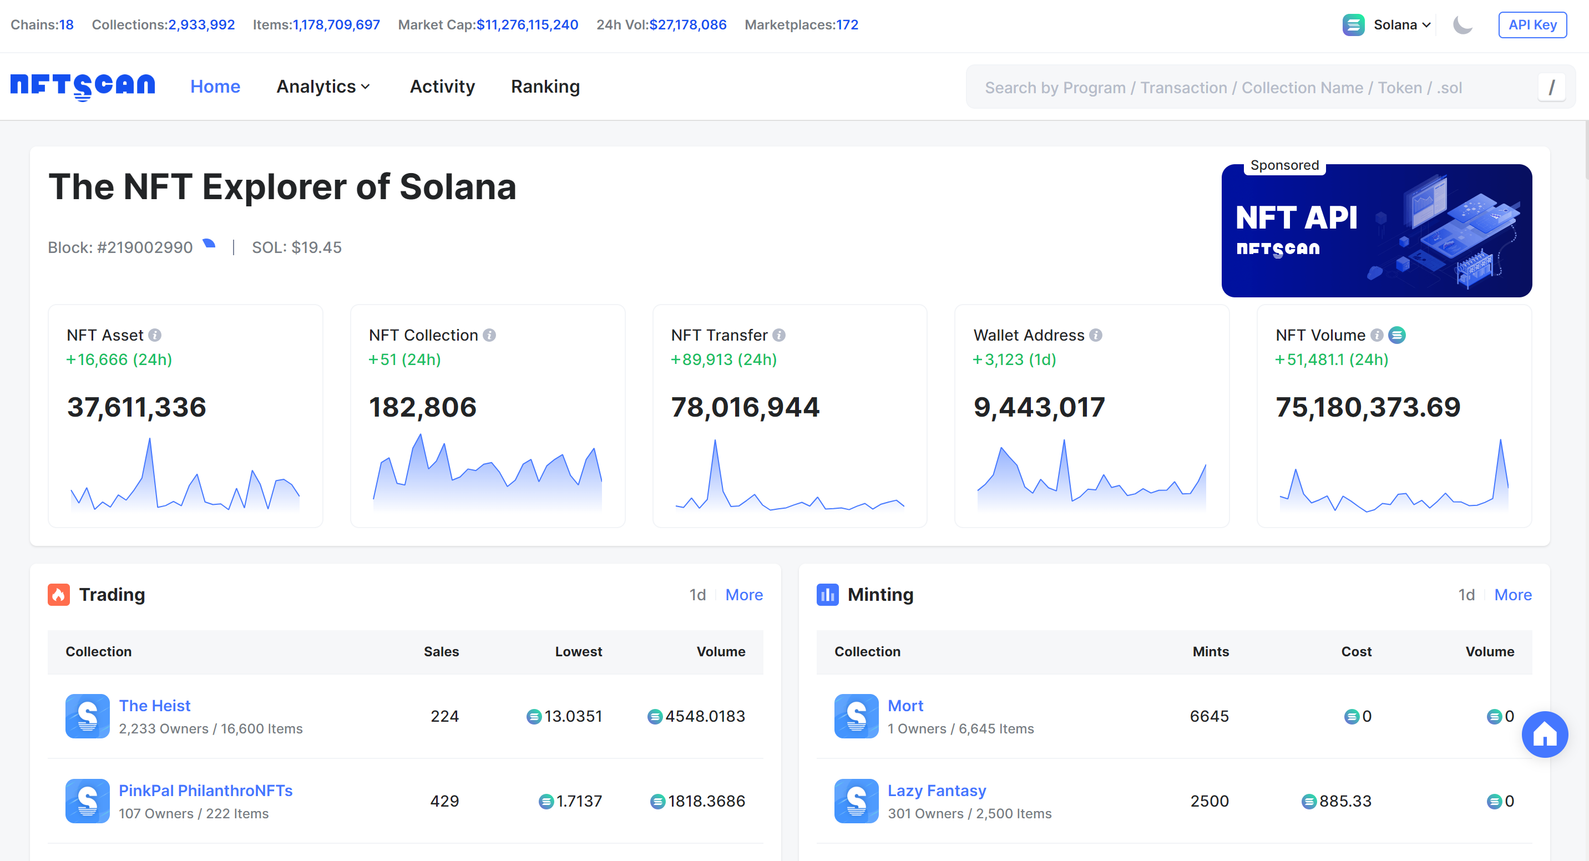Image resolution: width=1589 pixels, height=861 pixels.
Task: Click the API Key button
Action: pyautogui.click(x=1532, y=24)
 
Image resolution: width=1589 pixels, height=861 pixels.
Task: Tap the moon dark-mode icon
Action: pyautogui.click(x=1462, y=24)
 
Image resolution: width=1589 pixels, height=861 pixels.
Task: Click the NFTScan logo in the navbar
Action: pyautogui.click(x=83, y=86)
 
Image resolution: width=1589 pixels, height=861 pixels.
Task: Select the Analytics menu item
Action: pyautogui.click(x=322, y=87)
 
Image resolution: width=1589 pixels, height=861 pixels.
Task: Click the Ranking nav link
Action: pyautogui.click(x=545, y=87)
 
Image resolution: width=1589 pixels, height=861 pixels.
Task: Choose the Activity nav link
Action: pyautogui.click(x=442, y=87)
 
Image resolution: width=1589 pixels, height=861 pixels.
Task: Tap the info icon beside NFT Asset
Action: pyautogui.click(x=155, y=335)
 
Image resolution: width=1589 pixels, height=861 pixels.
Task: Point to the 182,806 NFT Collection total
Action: pyautogui.click(x=423, y=407)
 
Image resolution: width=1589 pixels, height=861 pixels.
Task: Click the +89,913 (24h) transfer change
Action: pyautogui.click(x=723, y=359)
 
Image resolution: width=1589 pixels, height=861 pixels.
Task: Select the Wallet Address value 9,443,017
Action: pyautogui.click(x=1039, y=407)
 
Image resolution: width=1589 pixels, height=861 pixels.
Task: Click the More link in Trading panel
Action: pyautogui.click(x=743, y=595)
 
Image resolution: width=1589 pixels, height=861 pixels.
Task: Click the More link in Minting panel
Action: pyautogui.click(x=1512, y=595)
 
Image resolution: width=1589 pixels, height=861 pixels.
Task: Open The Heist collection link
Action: pyautogui.click(x=154, y=706)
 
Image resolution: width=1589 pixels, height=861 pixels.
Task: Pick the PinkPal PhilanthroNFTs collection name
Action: pyautogui.click(x=205, y=791)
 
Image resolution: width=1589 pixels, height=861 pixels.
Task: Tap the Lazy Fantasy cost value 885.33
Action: pyautogui.click(x=1344, y=801)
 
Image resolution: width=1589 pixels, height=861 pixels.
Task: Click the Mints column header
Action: pyautogui.click(x=1210, y=651)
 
